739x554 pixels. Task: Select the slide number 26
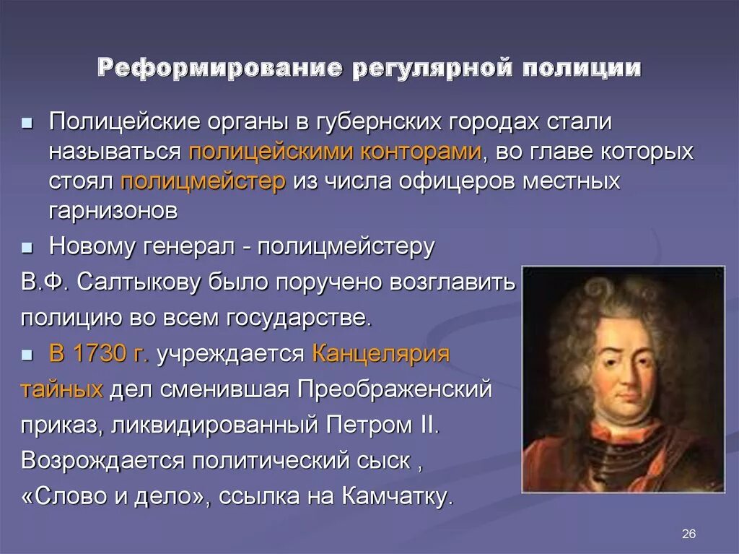click(688, 534)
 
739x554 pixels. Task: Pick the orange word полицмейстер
click(204, 181)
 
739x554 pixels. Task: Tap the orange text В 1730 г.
click(99, 354)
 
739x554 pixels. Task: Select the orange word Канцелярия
click(381, 354)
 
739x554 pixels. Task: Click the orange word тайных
click(62, 390)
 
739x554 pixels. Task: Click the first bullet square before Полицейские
click(27, 124)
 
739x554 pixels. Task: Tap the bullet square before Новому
click(27, 247)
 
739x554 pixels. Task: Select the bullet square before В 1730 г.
click(27, 355)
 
